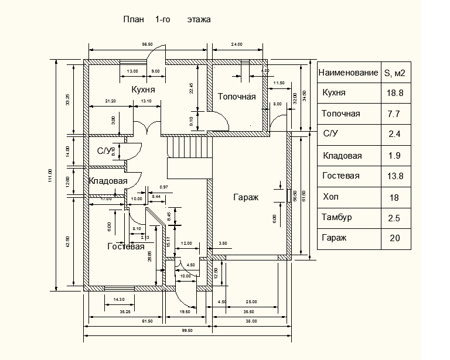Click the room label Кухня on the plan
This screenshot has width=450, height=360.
(144, 90)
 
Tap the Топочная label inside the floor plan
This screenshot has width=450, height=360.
(237, 97)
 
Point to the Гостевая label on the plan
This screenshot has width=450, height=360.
(125, 246)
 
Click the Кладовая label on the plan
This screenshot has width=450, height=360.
(108, 181)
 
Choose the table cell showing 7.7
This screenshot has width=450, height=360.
(394, 114)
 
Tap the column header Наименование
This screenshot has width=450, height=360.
(348, 73)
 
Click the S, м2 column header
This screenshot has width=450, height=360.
(395, 73)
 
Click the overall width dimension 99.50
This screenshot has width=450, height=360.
(187, 331)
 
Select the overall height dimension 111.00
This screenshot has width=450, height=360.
(51, 175)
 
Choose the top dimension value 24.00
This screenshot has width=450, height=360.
(237, 44)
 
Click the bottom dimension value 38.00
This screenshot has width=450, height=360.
(251, 321)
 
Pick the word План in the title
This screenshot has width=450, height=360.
(133, 19)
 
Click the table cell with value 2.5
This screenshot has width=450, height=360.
(394, 218)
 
